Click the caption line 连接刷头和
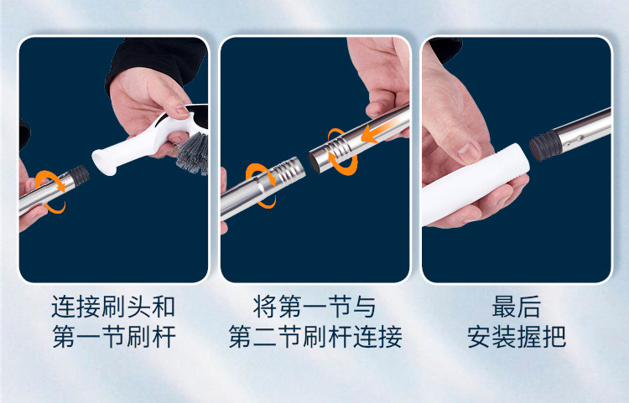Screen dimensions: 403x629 (113, 305)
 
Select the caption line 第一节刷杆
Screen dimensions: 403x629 (113, 337)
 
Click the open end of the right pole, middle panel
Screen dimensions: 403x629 (316, 159)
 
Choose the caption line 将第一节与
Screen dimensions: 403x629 (314, 305)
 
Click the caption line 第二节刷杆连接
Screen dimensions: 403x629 (314, 337)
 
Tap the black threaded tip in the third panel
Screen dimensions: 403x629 (544, 146)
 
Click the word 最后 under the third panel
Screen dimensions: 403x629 (517, 305)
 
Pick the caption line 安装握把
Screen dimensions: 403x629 (517, 337)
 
